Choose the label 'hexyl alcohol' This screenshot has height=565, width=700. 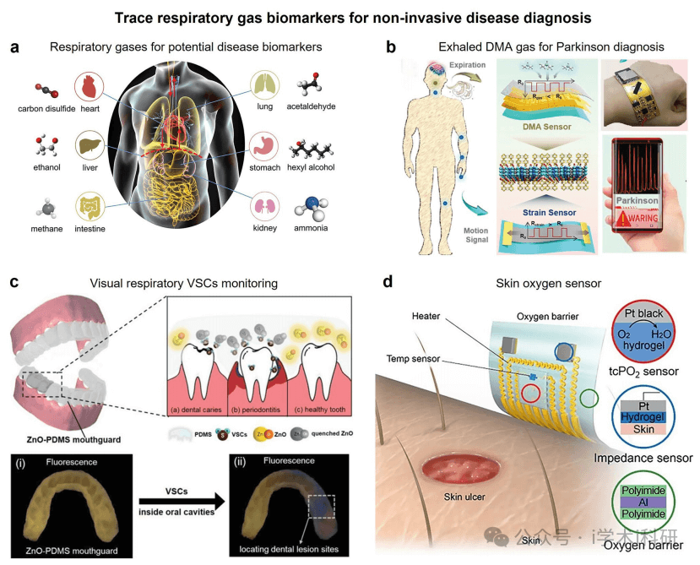[x=312, y=167]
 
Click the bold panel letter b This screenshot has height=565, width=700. [x=391, y=46]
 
